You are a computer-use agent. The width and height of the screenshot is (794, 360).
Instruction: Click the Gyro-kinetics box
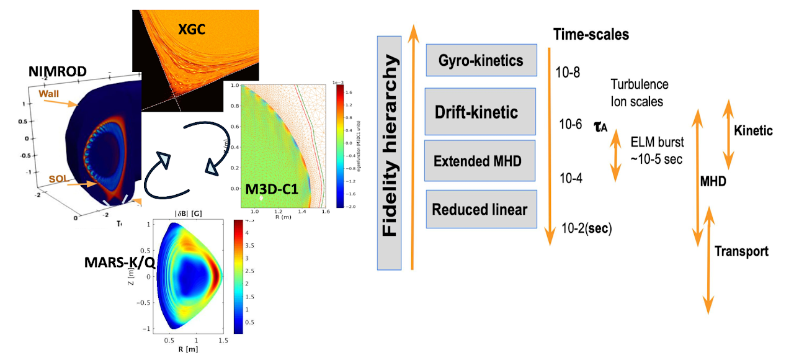click(x=481, y=60)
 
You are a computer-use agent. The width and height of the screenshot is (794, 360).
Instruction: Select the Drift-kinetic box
click(x=480, y=112)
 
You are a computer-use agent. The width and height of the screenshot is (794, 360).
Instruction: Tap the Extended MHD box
click(x=480, y=161)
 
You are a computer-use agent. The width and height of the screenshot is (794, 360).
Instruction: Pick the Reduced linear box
click(x=480, y=209)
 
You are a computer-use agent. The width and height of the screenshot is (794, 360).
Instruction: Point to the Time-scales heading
click(x=591, y=35)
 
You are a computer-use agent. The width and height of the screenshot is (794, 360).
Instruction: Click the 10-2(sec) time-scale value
click(x=586, y=228)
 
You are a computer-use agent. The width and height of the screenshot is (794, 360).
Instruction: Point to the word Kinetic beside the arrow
click(x=753, y=131)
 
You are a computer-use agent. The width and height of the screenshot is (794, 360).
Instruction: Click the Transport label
click(x=741, y=251)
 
